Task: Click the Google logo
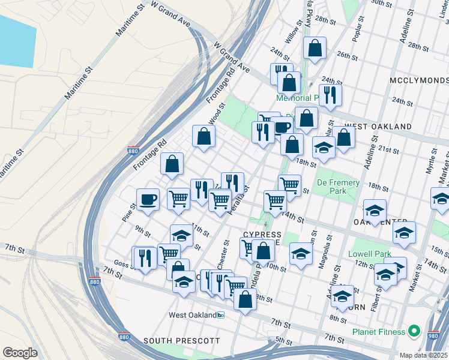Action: point(20,352)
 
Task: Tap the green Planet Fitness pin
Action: point(414,331)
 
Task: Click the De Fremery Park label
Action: point(338,187)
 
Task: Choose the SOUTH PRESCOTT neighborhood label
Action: point(182,340)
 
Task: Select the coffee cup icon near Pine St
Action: point(148,199)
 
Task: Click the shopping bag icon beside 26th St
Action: point(314,49)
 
